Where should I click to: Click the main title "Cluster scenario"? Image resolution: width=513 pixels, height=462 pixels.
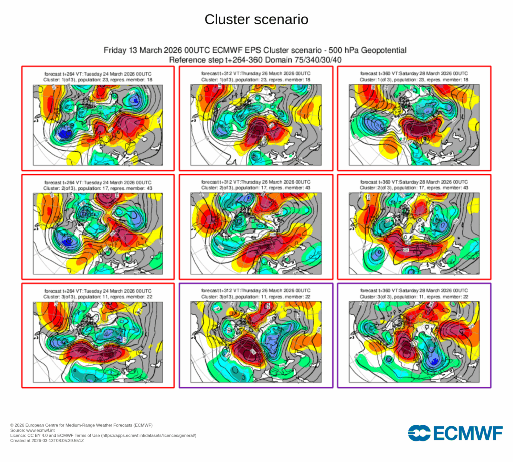pyautogui.click(x=256, y=20)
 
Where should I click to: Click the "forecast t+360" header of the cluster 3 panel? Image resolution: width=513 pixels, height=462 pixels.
pyautogui.click(x=379, y=291)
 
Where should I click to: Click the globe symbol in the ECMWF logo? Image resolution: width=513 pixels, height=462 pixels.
pyautogui.click(x=419, y=433)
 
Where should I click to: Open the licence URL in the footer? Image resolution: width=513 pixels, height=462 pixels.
pyautogui.click(x=145, y=436)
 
